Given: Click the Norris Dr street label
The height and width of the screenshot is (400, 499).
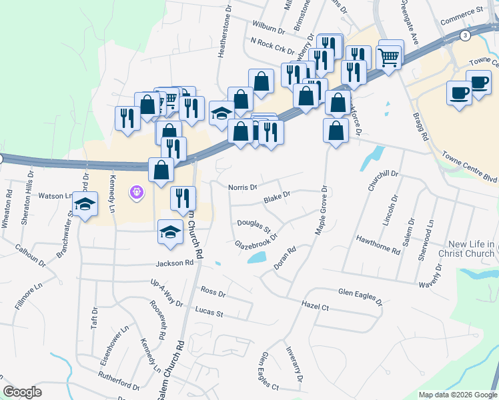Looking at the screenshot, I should coord(242,187).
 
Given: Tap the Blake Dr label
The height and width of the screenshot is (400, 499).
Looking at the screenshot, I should coord(277,197).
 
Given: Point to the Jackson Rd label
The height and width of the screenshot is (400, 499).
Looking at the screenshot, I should coord(175,263).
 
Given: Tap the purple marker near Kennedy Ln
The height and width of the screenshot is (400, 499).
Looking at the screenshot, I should coord(137,192).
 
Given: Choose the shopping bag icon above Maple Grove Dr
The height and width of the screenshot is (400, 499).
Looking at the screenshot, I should coord(335,130).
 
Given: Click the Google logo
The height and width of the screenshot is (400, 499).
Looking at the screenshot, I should coord(22,392).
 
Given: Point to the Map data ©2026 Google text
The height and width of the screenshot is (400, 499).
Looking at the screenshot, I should coord(457,395).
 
